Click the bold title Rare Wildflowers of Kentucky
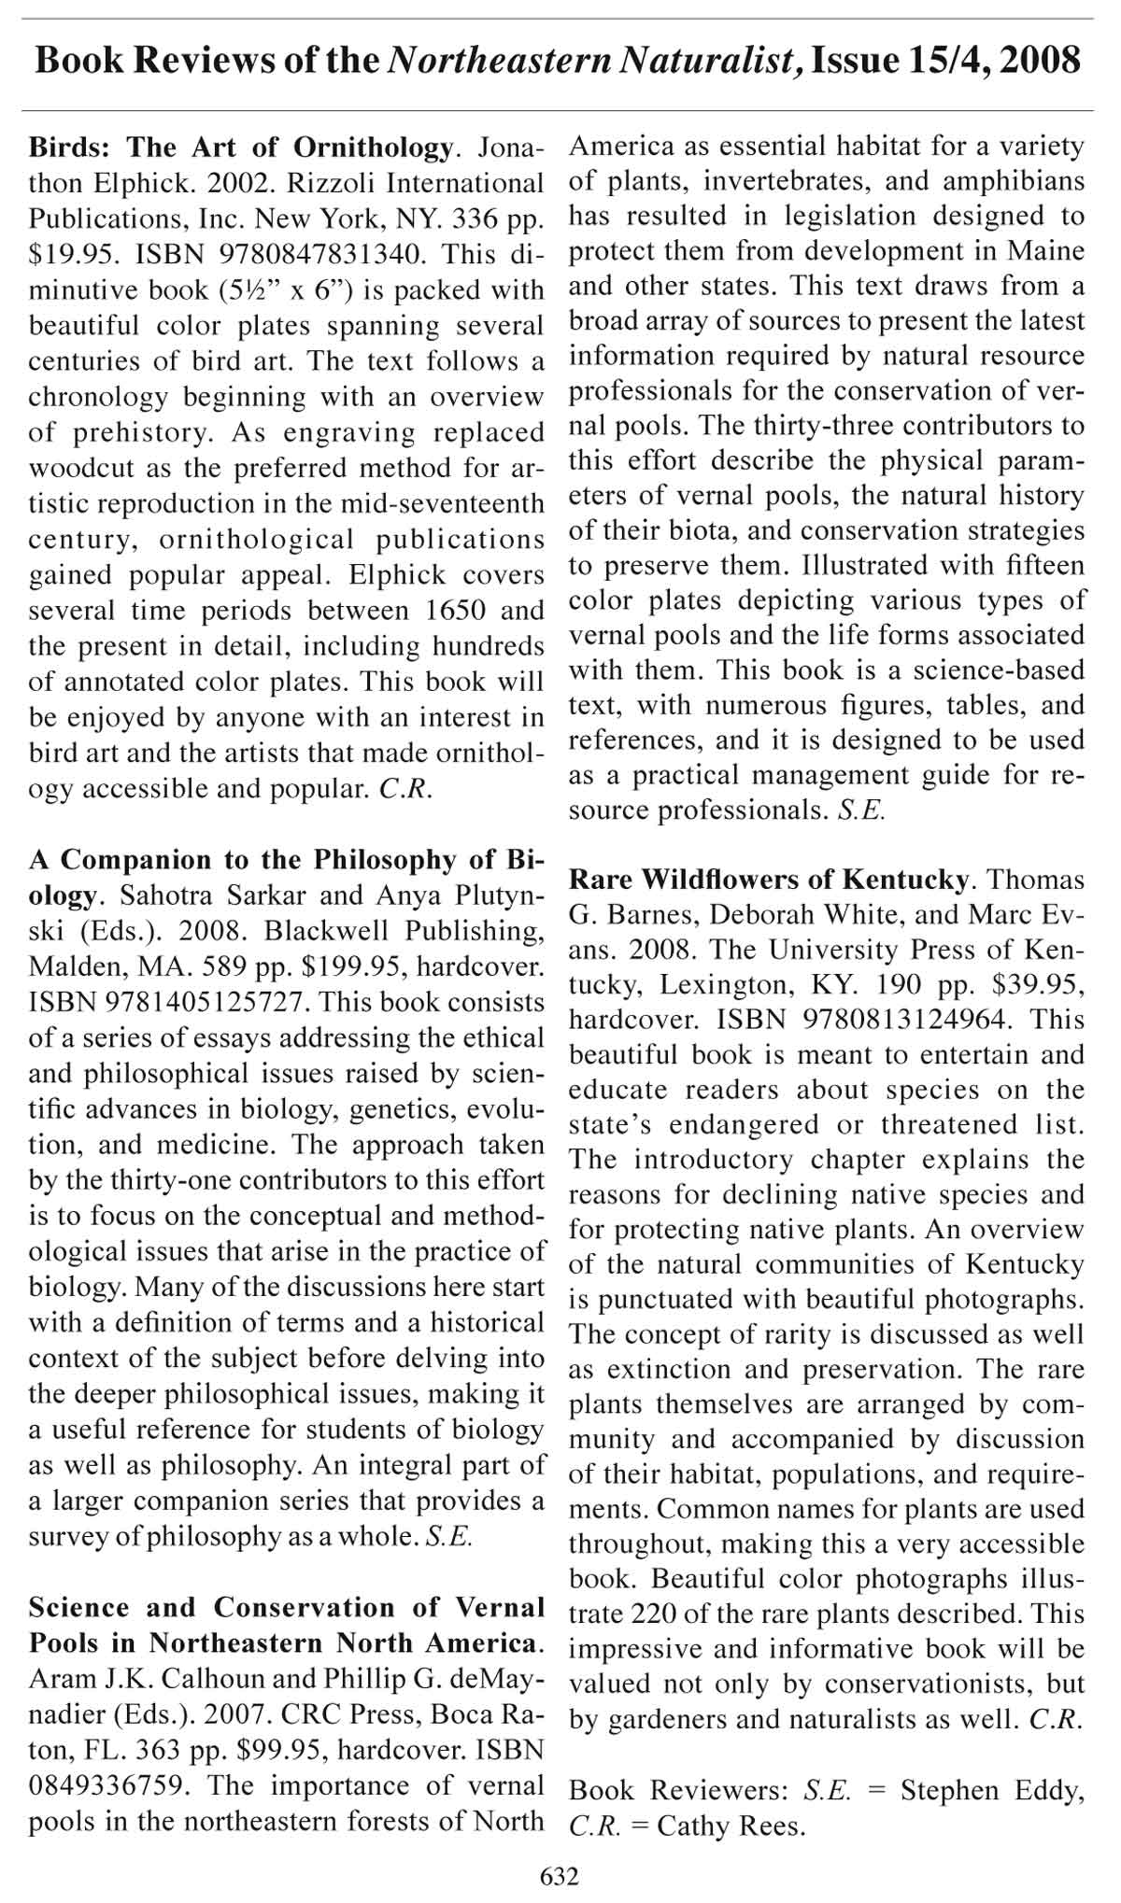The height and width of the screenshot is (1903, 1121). point(768,880)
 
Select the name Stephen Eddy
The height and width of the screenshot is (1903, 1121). point(992,1791)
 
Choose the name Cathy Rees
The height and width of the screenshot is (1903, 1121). point(731,1825)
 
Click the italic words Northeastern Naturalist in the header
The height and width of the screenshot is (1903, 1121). point(595,62)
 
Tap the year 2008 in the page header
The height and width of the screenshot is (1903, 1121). point(1040,62)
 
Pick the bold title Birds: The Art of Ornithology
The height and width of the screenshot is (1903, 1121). point(241,148)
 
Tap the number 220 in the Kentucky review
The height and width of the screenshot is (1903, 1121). point(658,1614)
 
